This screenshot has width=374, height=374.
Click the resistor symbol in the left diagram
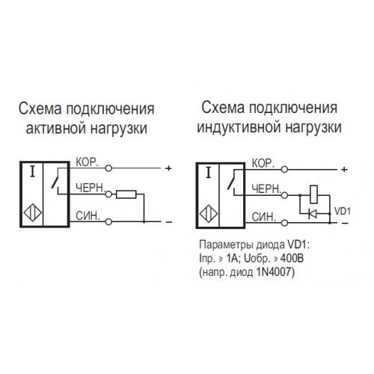tap(126, 194)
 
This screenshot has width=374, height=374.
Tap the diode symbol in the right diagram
tap(313, 214)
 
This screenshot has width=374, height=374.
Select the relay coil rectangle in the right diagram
tap(313, 194)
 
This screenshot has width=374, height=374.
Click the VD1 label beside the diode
tap(343, 211)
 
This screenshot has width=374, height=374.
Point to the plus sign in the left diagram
tap(168, 168)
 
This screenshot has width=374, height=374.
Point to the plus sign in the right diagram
tap(344, 170)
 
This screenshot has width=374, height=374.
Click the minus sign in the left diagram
tap(169, 222)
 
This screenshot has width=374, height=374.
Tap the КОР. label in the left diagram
tap(87, 162)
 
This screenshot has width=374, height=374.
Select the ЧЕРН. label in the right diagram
tap(266, 189)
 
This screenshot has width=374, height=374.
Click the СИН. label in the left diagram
tap(88, 216)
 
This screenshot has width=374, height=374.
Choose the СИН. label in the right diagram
tap(264, 217)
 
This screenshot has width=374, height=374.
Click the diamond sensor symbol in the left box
tap(33, 213)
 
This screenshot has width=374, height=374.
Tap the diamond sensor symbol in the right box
tap(209, 215)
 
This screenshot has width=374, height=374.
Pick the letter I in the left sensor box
tap(32, 172)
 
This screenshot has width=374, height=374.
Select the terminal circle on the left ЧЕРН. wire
tap(108, 194)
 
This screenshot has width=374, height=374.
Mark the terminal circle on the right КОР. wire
tap(284, 170)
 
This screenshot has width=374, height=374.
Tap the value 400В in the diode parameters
tap(292, 259)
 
